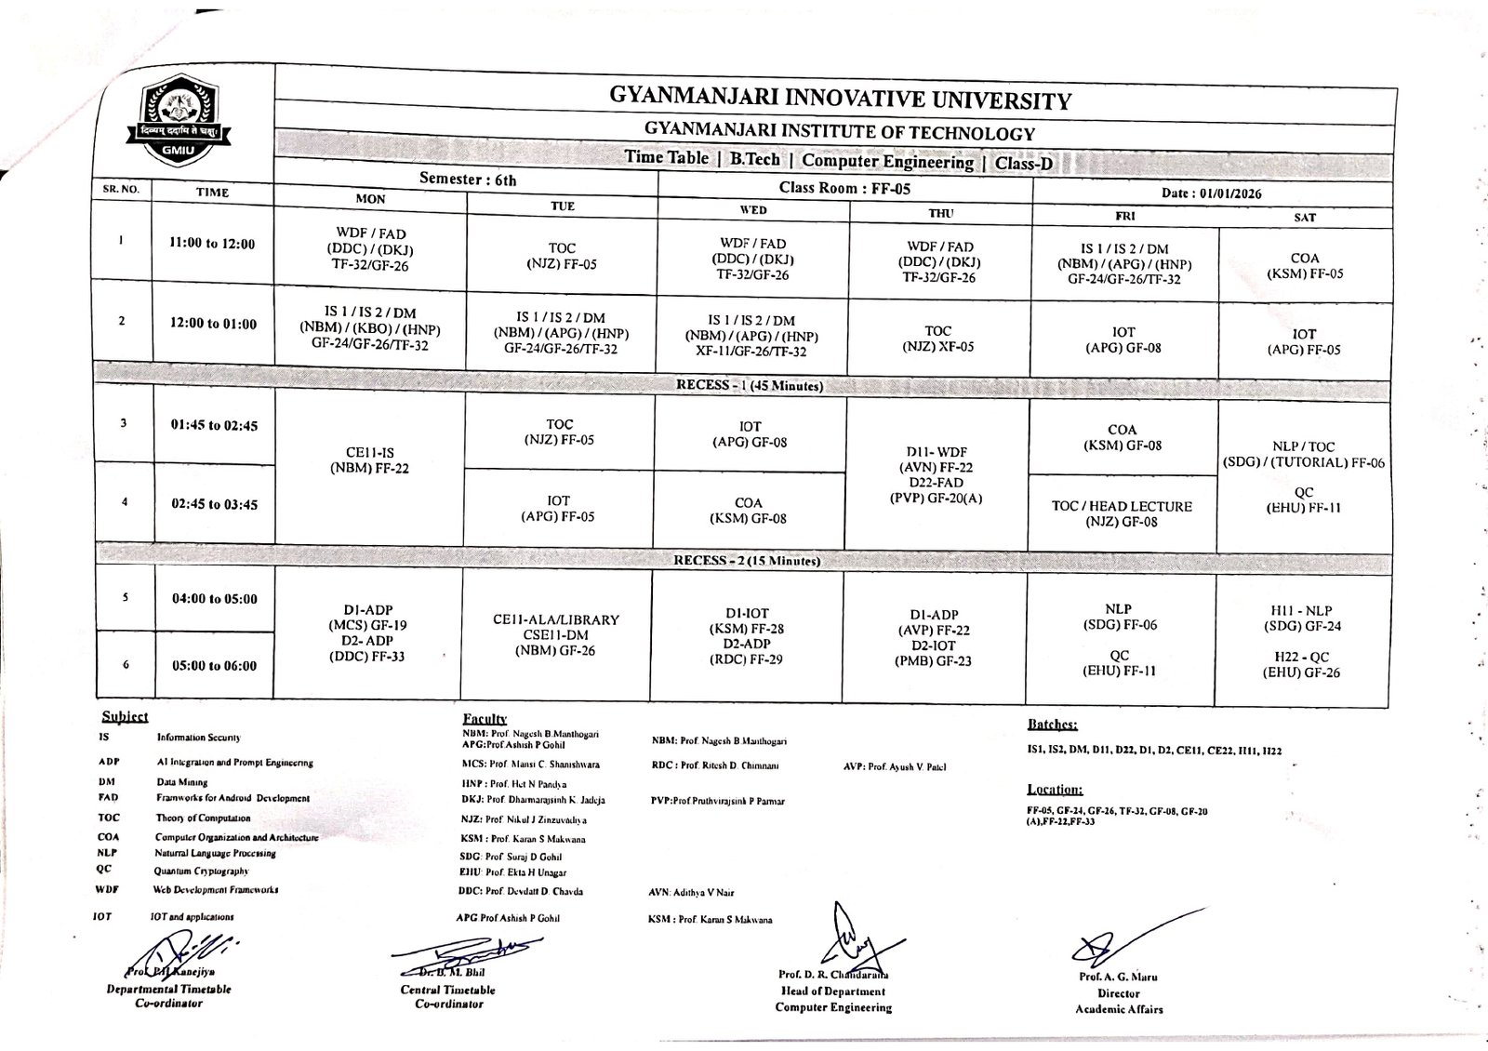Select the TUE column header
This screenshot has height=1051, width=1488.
[x=562, y=206]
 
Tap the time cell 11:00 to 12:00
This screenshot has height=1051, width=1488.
[x=212, y=244]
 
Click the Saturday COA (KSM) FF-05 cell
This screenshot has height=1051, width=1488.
[x=1304, y=266]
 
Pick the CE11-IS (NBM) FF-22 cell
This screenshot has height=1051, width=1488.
[x=369, y=460]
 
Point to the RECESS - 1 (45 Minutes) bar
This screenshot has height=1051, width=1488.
[x=749, y=385]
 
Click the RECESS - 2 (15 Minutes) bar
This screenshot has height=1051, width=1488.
[x=747, y=561]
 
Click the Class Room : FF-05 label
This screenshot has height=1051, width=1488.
[x=844, y=188]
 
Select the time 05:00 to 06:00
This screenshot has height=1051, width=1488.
[x=214, y=665]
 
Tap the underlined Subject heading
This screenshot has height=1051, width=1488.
[x=125, y=716]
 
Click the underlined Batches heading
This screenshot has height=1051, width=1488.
[x=1052, y=724]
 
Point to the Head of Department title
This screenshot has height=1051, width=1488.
[x=832, y=991]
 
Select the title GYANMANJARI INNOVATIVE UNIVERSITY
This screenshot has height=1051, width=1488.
[x=840, y=99]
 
